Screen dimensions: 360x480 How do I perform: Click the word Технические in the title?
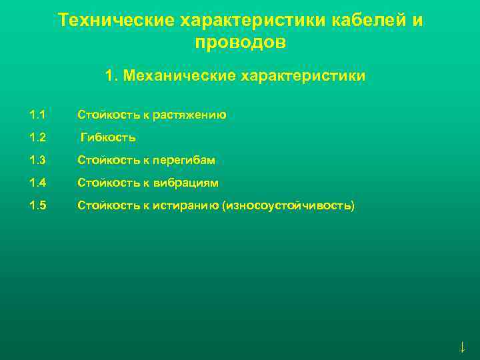pyautogui.click(x=117, y=20)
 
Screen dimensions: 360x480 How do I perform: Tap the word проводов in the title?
pyautogui.click(x=241, y=43)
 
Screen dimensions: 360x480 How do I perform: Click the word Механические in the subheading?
pyautogui.click(x=179, y=76)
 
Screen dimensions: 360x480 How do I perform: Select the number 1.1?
pyautogui.click(x=38, y=115)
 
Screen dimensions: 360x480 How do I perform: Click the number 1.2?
pyautogui.click(x=38, y=138)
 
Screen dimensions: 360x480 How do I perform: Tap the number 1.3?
pyautogui.click(x=38, y=161)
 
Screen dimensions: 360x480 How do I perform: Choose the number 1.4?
pyautogui.click(x=38, y=183)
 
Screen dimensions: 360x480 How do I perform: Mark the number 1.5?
pyautogui.click(x=38, y=206)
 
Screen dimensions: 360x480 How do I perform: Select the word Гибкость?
pyautogui.click(x=108, y=138)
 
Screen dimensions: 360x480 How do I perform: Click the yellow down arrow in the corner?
pyautogui.click(x=462, y=347)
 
